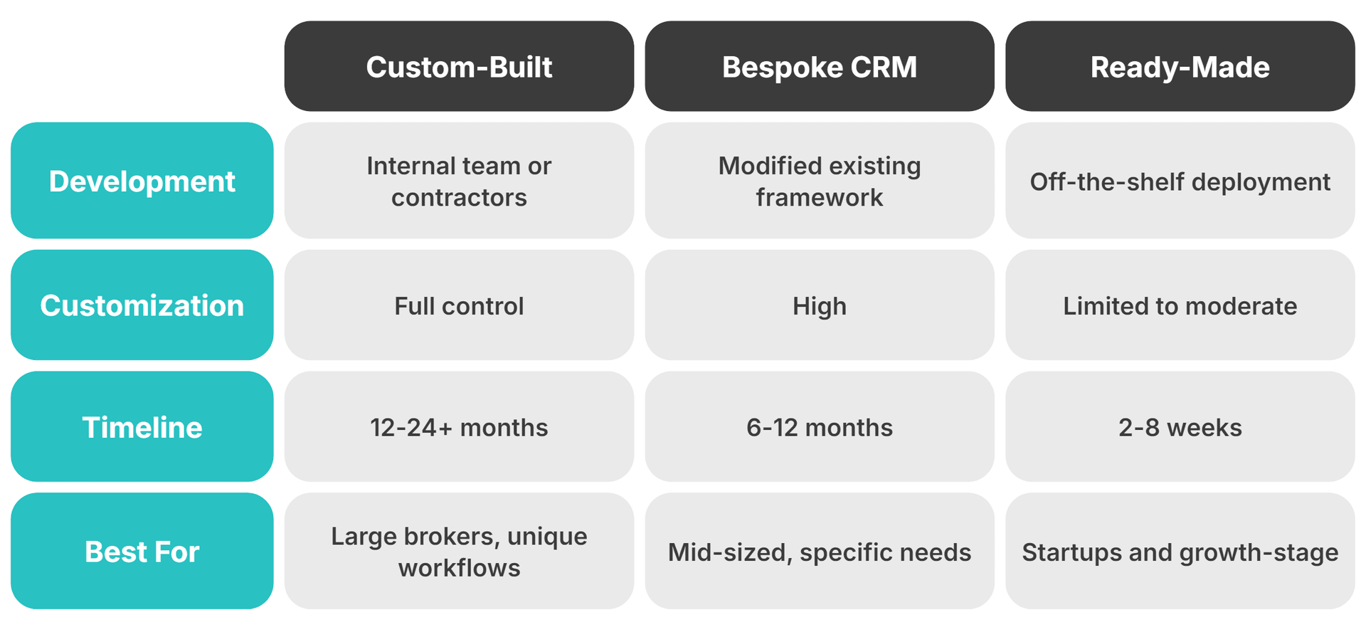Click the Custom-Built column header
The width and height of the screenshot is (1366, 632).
[x=459, y=66]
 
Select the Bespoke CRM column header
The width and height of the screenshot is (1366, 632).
[x=819, y=66]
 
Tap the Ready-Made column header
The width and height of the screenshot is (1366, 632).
[x=1180, y=66]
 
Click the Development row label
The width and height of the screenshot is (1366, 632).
[x=142, y=181]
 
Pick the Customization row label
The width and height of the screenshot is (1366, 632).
[x=142, y=305]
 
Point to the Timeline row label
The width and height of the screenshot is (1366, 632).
[x=142, y=426]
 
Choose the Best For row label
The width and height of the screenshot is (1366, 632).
[x=142, y=551]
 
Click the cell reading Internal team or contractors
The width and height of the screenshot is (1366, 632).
[x=459, y=181]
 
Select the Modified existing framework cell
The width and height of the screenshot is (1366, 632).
[x=819, y=181]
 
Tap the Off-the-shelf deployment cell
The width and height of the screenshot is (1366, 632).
[x=1180, y=181]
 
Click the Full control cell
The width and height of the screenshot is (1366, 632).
[x=459, y=305]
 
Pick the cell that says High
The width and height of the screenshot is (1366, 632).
[x=819, y=305]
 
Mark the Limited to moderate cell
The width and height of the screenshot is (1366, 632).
[x=1180, y=305]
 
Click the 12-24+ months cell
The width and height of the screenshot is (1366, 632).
[x=459, y=427]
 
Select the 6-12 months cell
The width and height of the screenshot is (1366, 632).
[x=819, y=427]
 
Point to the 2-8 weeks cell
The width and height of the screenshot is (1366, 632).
[x=1180, y=427]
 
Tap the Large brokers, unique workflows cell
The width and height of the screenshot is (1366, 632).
[x=459, y=551]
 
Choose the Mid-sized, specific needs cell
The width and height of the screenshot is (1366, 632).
[x=819, y=552]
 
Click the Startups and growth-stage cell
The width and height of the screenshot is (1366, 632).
[x=1180, y=552]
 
